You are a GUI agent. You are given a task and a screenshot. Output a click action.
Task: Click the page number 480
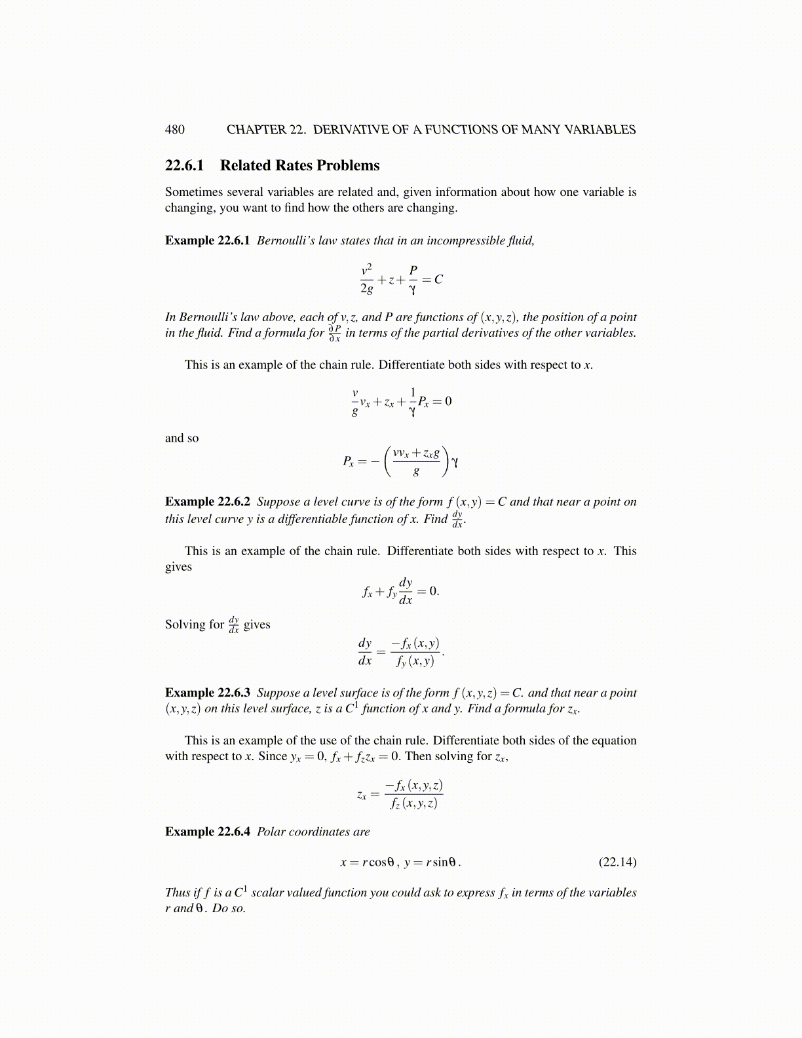pos(175,130)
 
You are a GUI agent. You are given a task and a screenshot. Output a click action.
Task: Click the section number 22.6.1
pos(184,166)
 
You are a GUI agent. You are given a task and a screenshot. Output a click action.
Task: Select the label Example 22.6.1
pos(207,240)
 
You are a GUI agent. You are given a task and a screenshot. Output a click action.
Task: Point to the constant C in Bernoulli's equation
pos(438,280)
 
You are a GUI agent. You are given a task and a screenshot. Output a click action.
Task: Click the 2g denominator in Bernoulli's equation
pos(367,288)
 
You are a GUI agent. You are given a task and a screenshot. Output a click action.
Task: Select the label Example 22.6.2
pos(207,502)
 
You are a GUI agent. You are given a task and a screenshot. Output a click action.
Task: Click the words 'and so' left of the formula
pos(181,438)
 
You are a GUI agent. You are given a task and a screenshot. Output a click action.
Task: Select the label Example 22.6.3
pos(207,693)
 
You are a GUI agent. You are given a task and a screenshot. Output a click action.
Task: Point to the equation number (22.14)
pos(617,862)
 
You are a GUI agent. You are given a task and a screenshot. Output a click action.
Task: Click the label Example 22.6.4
pos(207,832)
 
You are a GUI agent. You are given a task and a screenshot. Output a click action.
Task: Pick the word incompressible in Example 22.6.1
pos(466,240)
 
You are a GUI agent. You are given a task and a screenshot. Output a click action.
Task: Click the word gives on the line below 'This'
pos(178,567)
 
